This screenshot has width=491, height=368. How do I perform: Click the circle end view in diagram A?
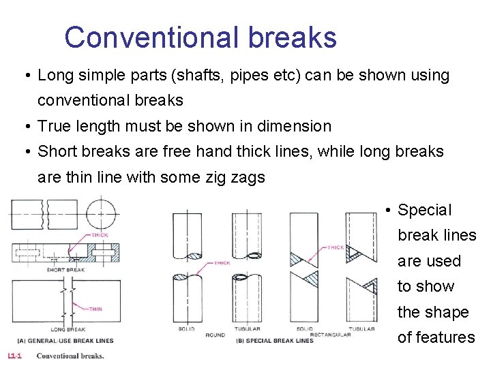[100, 213]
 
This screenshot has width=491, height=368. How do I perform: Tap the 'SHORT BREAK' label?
[65, 270]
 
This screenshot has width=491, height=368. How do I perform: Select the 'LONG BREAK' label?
[67, 329]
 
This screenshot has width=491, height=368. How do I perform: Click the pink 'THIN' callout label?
[95, 309]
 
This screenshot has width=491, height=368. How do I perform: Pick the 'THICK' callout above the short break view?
[100, 235]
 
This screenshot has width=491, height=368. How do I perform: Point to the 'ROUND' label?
[215, 335]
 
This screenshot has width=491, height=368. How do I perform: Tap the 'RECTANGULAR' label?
[330, 335]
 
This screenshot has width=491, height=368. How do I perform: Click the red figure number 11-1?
[14, 356]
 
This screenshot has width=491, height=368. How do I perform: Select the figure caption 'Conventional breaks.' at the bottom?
[70, 356]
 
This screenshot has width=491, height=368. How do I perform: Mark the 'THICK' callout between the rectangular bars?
[335, 247]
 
